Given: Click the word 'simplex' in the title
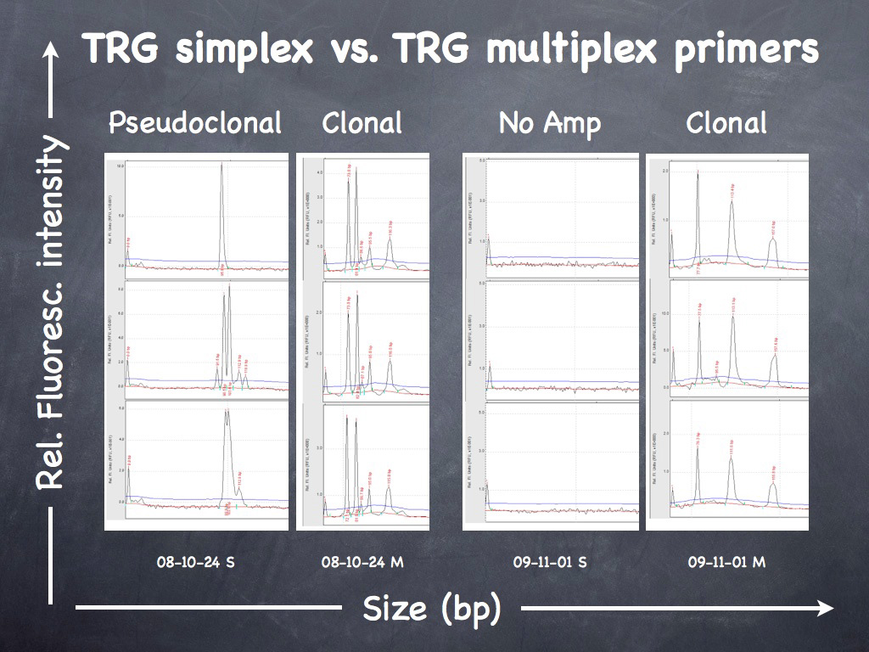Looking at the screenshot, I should coord(241,50).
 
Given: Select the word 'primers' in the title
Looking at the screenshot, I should coord(752,51).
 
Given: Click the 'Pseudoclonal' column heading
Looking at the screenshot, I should coord(195,123).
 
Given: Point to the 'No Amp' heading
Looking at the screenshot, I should coord(550,123).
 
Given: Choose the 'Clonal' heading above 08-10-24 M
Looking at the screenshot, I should coord(362,123).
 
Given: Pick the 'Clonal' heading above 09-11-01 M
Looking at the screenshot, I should coord(726,123).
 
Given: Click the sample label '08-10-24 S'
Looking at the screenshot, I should coord(196,561).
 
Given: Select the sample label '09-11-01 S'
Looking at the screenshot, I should coord(550,561).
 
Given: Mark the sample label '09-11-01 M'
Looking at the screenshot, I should coord(727,561).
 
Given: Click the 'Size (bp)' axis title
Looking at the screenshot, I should coord(432,608).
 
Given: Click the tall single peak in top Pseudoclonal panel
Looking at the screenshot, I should coord(222,212).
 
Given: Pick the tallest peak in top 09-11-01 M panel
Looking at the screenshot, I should coord(698,212).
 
